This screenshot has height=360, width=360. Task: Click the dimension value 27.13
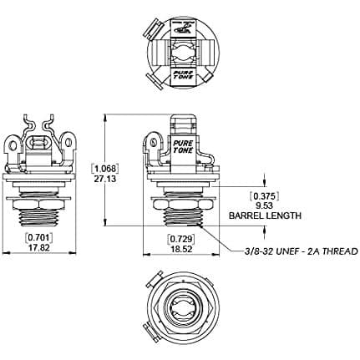pyautogui.click(x=104, y=179)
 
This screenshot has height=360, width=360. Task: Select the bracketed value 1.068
pyautogui.click(x=104, y=169)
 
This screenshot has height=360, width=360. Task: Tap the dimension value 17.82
pyautogui.click(x=39, y=247)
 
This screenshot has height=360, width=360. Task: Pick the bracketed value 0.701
pyautogui.click(x=39, y=238)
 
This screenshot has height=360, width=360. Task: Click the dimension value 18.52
pyautogui.click(x=181, y=249)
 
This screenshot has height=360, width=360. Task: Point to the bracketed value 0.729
pyautogui.click(x=181, y=239)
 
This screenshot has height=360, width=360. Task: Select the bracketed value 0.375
pyautogui.click(x=264, y=196)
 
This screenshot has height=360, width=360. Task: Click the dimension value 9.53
pyautogui.click(x=264, y=206)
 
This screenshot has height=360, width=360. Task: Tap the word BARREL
pyautogui.click(x=245, y=215)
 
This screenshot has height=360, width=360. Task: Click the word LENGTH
pyautogui.click(x=282, y=215)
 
